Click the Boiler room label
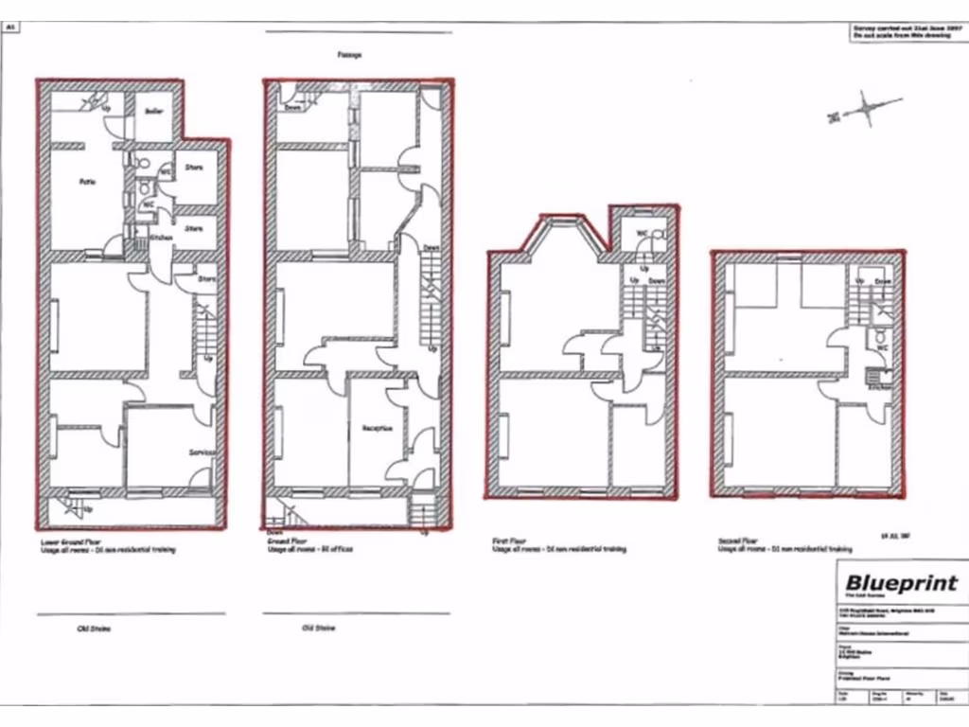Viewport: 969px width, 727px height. tap(154, 111)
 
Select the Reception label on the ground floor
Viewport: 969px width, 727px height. tap(377, 428)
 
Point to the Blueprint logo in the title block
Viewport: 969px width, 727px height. tap(900, 583)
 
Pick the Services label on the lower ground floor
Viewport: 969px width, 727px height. tap(201, 453)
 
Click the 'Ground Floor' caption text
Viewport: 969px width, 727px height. tap(285, 541)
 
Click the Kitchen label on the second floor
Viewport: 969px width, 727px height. tap(880, 387)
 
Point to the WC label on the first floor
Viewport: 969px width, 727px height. tap(642, 232)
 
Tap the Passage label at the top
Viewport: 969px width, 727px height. tap(349, 55)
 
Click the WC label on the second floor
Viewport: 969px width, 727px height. tap(881, 348)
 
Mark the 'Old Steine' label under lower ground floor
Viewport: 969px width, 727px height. tap(95, 629)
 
